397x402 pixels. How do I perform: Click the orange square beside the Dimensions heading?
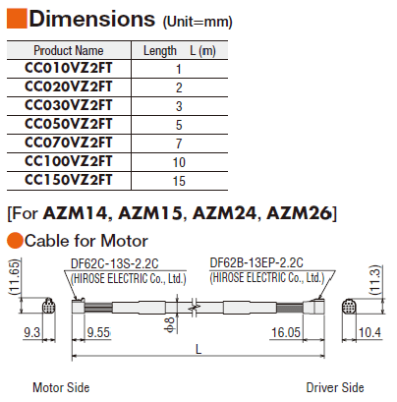17,19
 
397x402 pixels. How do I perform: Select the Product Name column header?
69,50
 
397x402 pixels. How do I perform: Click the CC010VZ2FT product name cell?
69,68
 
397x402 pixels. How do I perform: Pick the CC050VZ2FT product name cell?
69,124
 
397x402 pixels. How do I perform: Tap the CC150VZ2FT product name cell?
69,180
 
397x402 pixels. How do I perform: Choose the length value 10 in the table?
179,162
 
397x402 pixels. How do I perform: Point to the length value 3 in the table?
179,106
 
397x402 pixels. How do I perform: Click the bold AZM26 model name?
299,213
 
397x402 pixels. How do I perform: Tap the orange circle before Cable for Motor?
15,241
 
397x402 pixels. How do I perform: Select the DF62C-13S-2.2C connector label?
115,263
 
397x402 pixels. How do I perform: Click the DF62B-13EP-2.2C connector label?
256,262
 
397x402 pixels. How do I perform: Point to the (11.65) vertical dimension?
15,277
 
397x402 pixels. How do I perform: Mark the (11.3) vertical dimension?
375,280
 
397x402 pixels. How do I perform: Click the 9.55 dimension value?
98,332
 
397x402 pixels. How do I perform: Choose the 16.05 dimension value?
286,332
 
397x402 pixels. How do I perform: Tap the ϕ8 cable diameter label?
171,325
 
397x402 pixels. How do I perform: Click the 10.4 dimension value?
369,333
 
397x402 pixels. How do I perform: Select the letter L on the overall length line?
198,349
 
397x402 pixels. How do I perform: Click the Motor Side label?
61,387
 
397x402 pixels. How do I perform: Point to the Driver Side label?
335,387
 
